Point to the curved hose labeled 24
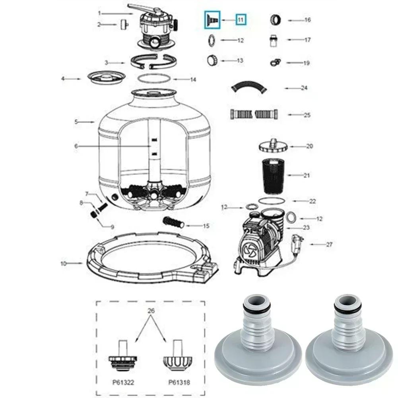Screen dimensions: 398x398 click(x=248, y=87)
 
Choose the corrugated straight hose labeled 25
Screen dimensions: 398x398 click(x=254, y=115)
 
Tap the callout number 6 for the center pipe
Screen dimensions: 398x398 click(x=76, y=146)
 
